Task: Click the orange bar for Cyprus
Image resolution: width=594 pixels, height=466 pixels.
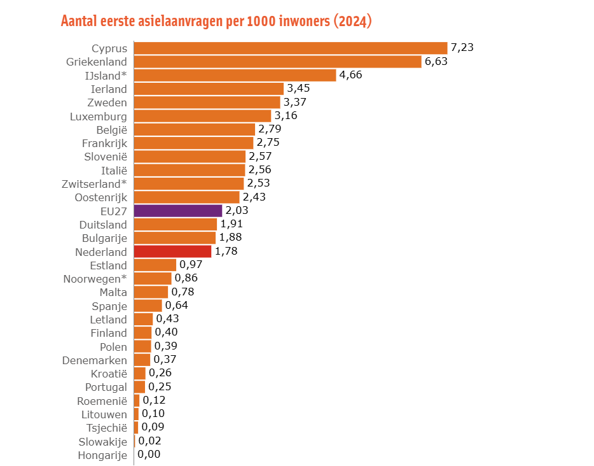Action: (x=291, y=48)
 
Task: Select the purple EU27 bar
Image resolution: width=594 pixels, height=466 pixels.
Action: (x=178, y=211)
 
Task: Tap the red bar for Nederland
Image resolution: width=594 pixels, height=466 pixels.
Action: (x=172, y=251)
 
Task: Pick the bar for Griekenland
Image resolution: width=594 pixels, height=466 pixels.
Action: (x=277, y=62)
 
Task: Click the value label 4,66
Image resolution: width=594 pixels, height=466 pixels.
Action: (x=352, y=75)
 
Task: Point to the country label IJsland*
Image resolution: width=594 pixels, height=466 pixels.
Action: (x=106, y=75)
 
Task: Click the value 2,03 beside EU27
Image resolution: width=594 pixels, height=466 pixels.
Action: (x=237, y=211)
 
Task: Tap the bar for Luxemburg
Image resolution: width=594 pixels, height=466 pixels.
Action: (x=202, y=116)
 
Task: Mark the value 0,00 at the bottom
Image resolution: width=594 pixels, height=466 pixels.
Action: (x=149, y=455)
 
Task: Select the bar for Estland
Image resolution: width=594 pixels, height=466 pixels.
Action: (x=155, y=265)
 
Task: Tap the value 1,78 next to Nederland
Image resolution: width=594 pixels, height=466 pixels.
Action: (x=226, y=251)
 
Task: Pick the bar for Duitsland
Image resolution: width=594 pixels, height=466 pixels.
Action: (x=176, y=224)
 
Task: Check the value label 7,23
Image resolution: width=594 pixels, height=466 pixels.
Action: (x=463, y=48)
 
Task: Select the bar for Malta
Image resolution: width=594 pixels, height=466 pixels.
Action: (x=151, y=292)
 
